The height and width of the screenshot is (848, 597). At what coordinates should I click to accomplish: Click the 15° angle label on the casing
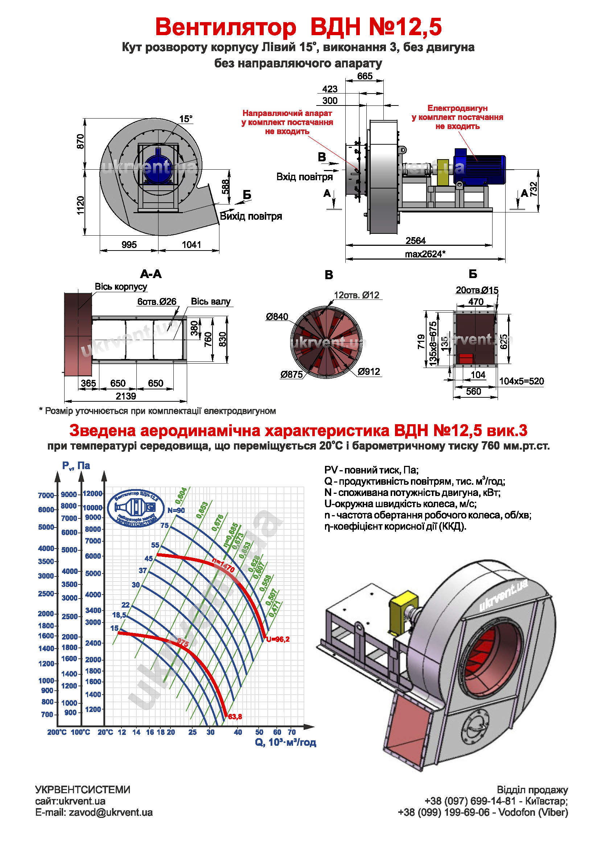186,119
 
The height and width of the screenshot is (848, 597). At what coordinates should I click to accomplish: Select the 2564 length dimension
416,241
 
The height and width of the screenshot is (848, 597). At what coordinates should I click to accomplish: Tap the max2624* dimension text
425,254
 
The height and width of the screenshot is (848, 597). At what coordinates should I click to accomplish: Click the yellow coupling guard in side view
442,172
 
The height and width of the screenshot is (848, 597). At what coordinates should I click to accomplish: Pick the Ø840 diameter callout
277,317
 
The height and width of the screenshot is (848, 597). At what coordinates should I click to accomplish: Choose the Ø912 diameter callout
369,372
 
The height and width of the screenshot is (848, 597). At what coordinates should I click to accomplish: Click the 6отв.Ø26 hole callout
157,302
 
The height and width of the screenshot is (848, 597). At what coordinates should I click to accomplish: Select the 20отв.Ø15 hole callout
477,290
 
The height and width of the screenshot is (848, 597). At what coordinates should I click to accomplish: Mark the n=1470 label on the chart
223,565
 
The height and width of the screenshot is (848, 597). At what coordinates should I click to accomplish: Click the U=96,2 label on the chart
278,639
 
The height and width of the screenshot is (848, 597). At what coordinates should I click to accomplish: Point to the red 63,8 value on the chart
235,716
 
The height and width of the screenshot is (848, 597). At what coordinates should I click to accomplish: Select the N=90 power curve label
176,510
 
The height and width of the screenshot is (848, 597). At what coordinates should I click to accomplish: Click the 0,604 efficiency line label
181,496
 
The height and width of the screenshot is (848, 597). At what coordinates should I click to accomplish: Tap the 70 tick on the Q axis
292,732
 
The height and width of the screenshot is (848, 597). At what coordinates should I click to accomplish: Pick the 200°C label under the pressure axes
57,732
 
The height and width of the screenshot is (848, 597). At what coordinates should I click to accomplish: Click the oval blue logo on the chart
136,508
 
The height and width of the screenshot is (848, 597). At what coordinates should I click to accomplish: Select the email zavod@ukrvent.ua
94,812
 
